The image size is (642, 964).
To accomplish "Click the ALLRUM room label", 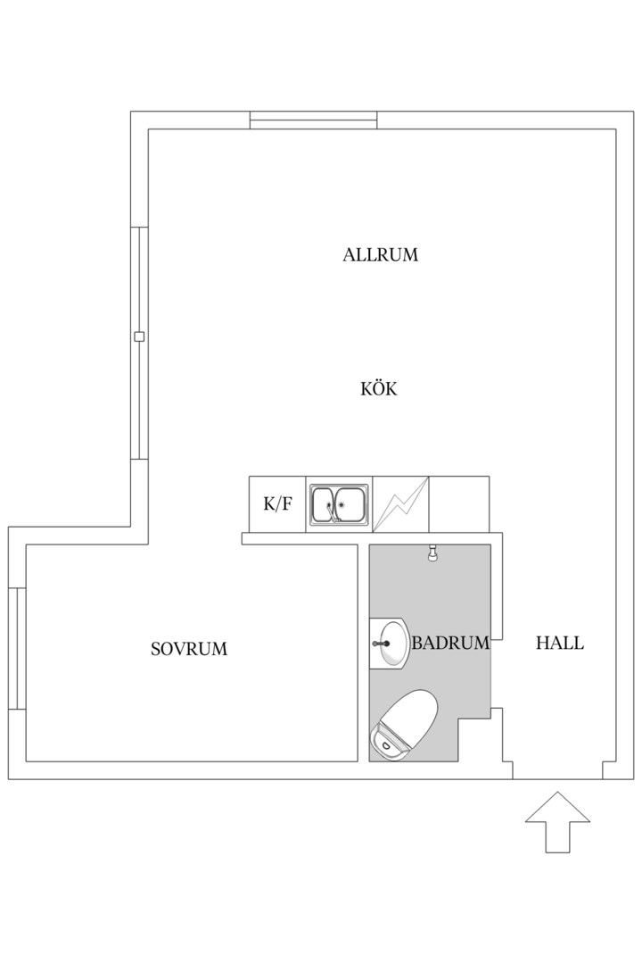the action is tap(380, 254).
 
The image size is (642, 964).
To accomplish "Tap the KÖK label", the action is tap(378, 388).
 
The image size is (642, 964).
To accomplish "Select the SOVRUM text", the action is tap(189, 649).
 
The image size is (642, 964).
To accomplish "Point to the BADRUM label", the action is tap(450, 643).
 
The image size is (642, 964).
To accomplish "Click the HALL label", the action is tap(560, 643).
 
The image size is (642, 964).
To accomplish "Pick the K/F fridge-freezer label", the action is tap(277, 504).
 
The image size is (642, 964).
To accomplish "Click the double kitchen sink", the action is tap(339, 504).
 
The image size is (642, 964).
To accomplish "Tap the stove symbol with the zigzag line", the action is tap(400, 504).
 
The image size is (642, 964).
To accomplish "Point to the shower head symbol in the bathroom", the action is tap(433, 553).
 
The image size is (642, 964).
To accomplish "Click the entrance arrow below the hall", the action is tap(558, 822).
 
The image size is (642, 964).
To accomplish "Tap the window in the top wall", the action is tap(313, 120).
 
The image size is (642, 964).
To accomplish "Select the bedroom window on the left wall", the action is tap(17, 649).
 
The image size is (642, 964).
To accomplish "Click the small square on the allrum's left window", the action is tap(139, 337).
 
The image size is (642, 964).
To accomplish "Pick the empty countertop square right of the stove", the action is tap(459, 504).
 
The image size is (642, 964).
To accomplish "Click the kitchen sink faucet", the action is tap(331, 511).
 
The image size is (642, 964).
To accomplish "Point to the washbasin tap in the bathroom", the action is tap(381, 644).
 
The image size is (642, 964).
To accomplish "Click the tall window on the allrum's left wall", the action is tap(139, 343).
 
